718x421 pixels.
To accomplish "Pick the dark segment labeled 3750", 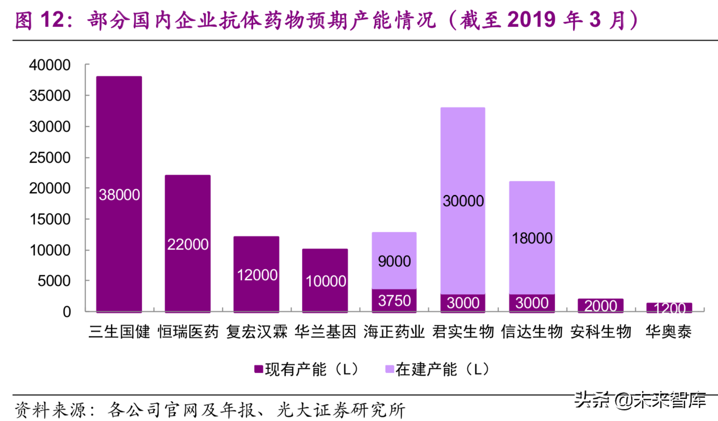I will coord(394,301).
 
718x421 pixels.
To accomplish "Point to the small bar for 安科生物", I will coord(600,305).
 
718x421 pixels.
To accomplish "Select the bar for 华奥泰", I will coord(669,308).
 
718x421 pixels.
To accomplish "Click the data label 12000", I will coord(257,275).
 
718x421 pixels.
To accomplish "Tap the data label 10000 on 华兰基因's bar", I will coord(326,281).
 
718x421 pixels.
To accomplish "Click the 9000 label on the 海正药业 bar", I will coord(394,261).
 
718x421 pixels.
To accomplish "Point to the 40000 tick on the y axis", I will coord(50,65).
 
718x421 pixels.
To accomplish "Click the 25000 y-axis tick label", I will coord(50,158).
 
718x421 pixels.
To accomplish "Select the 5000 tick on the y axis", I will coord(54,281).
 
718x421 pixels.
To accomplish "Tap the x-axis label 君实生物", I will coord(463,331).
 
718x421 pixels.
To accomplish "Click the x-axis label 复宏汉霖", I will coord(257,331).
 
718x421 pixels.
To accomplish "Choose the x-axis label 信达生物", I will coord(532,331).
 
